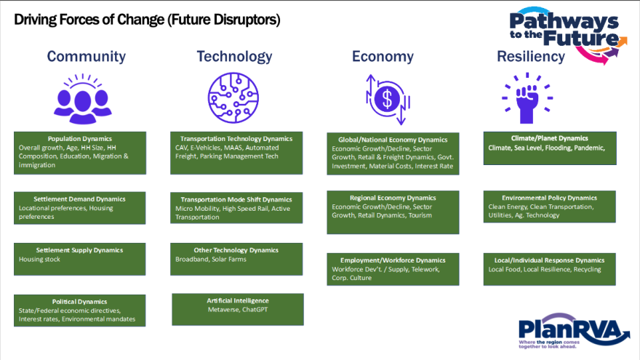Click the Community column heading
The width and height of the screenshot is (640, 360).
click(x=86, y=56)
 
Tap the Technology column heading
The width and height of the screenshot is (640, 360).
click(x=234, y=56)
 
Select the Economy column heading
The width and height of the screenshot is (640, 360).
click(x=383, y=56)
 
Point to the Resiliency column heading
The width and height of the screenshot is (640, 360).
click(x=531, y=56)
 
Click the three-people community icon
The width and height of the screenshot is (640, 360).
click(x=83, y=99)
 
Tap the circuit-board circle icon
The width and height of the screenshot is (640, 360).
click(x=233, y=98)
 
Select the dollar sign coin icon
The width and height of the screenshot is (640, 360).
click(x=387, y=99)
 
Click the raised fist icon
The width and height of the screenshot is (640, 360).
click(x=527, y=99)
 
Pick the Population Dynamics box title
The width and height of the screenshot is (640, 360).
click(x=79, y=139)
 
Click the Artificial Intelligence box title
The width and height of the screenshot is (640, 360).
click(x=238, y=301)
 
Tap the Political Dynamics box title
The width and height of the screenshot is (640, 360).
click(x=79, y=302)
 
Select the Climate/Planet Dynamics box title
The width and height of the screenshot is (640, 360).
click(x=549, y=138)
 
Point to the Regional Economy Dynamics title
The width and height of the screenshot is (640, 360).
click(x=393, y=198)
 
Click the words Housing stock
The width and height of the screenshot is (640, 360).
click(x=39, y=259)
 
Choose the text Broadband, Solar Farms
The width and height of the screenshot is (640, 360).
click(x=211, y=259)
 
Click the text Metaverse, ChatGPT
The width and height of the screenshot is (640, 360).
click(x=238, y=309)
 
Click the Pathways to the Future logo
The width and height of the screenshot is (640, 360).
click(x=568, y=35)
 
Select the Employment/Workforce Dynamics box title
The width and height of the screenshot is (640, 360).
click(x=393, y=260)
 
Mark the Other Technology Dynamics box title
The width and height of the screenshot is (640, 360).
click(x=236, y=250)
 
